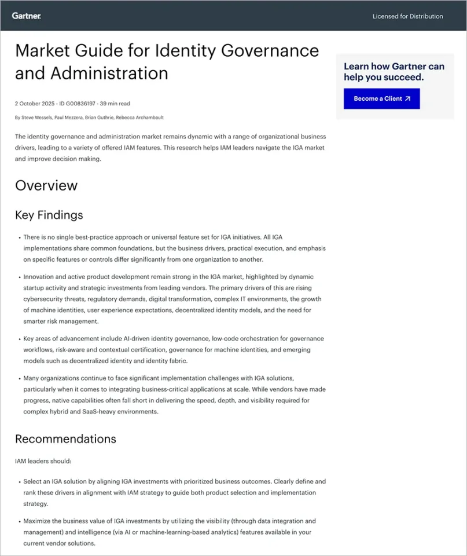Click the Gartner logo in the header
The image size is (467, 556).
(x=26, y=16)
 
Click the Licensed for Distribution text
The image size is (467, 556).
(x=407, y=16)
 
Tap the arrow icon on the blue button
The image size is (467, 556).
(x=407, y=98)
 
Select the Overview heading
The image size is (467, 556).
(x=46, y=185)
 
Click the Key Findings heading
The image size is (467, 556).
(x=49, y=215)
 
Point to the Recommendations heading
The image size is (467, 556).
(x=65, y=438)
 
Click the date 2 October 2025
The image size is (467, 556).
(x=34, y=104)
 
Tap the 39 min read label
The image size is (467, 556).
(x=115, y=104)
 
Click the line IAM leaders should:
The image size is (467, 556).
(x=43, y=461)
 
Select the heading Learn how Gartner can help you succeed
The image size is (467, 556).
(x=394, y=71)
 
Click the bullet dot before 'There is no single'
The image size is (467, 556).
(x=19, y=237)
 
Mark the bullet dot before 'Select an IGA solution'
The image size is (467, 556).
(x=19, y=482)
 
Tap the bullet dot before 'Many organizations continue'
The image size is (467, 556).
(x=19, y=378)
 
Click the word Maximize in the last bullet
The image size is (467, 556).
(x=39, y=521)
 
